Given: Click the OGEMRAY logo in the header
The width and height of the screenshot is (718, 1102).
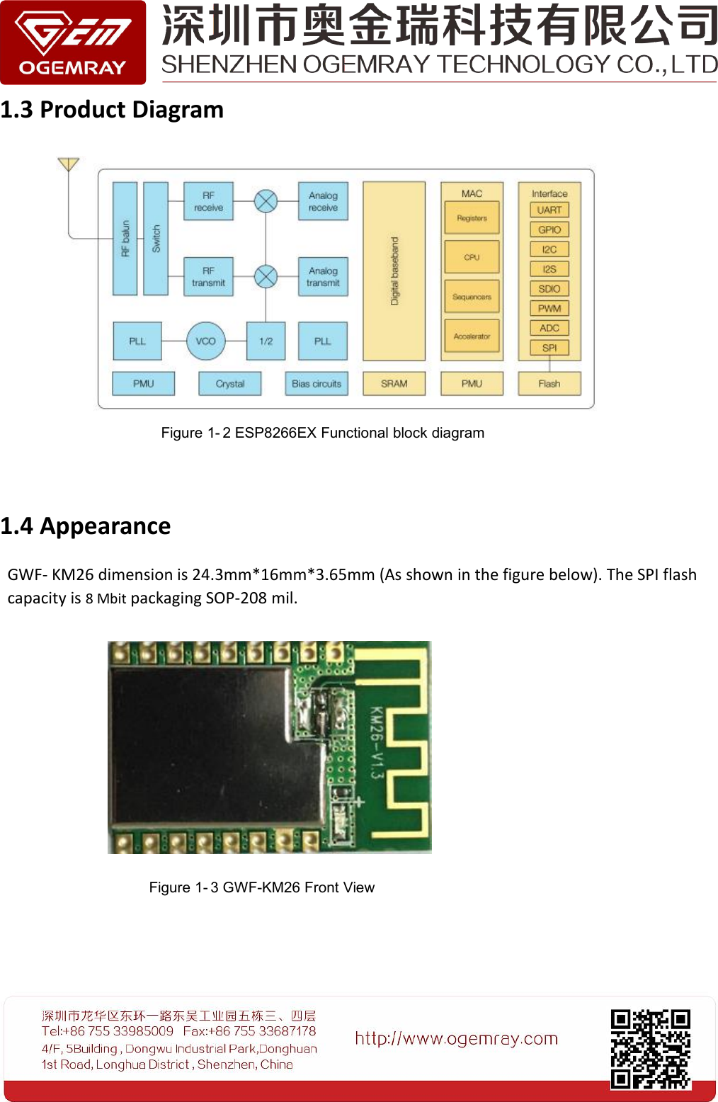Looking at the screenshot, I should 73,42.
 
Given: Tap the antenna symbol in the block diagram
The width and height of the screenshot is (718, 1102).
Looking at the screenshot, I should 68,164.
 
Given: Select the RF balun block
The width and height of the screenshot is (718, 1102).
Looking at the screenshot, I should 125,238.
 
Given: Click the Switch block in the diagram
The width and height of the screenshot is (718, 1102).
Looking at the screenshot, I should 156,238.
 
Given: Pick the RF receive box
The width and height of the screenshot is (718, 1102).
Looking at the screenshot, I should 208,201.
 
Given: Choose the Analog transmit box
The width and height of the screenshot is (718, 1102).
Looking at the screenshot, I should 323,276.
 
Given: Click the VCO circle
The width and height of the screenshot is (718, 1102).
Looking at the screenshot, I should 206,341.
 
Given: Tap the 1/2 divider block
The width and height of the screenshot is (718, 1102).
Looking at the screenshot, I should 266,341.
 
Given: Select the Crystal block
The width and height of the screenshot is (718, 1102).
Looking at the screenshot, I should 230,384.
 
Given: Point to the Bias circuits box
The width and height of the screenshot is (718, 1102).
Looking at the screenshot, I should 317,384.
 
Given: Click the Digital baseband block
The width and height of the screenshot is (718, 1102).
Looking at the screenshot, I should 394,271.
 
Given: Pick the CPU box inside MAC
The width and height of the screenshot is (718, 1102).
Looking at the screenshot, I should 472,257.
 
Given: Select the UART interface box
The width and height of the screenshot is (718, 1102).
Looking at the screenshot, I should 549,210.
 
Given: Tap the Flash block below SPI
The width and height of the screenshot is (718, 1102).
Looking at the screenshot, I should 549,384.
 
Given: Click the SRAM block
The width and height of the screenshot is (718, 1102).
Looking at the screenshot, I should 394,384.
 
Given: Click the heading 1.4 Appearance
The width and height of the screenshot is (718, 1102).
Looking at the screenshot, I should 86,526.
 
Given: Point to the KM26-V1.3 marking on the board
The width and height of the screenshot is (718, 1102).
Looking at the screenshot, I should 377,742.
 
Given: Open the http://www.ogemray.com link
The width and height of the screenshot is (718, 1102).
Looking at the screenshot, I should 457,1039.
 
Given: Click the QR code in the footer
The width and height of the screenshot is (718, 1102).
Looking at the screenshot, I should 650,1049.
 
